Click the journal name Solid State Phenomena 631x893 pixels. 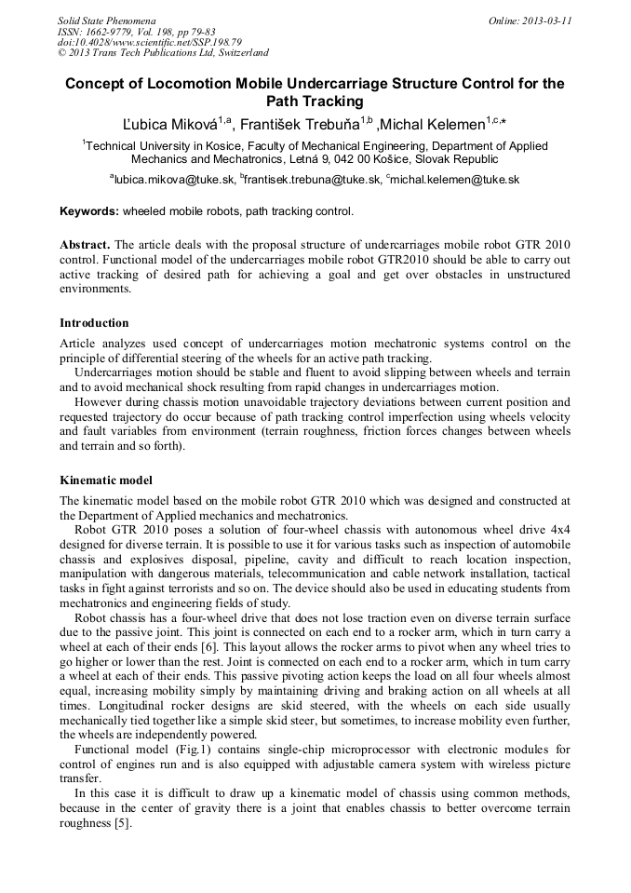106,20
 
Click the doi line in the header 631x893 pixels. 149,42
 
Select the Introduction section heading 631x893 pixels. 94,323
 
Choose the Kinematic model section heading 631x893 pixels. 105,480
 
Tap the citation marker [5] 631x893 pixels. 122,824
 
